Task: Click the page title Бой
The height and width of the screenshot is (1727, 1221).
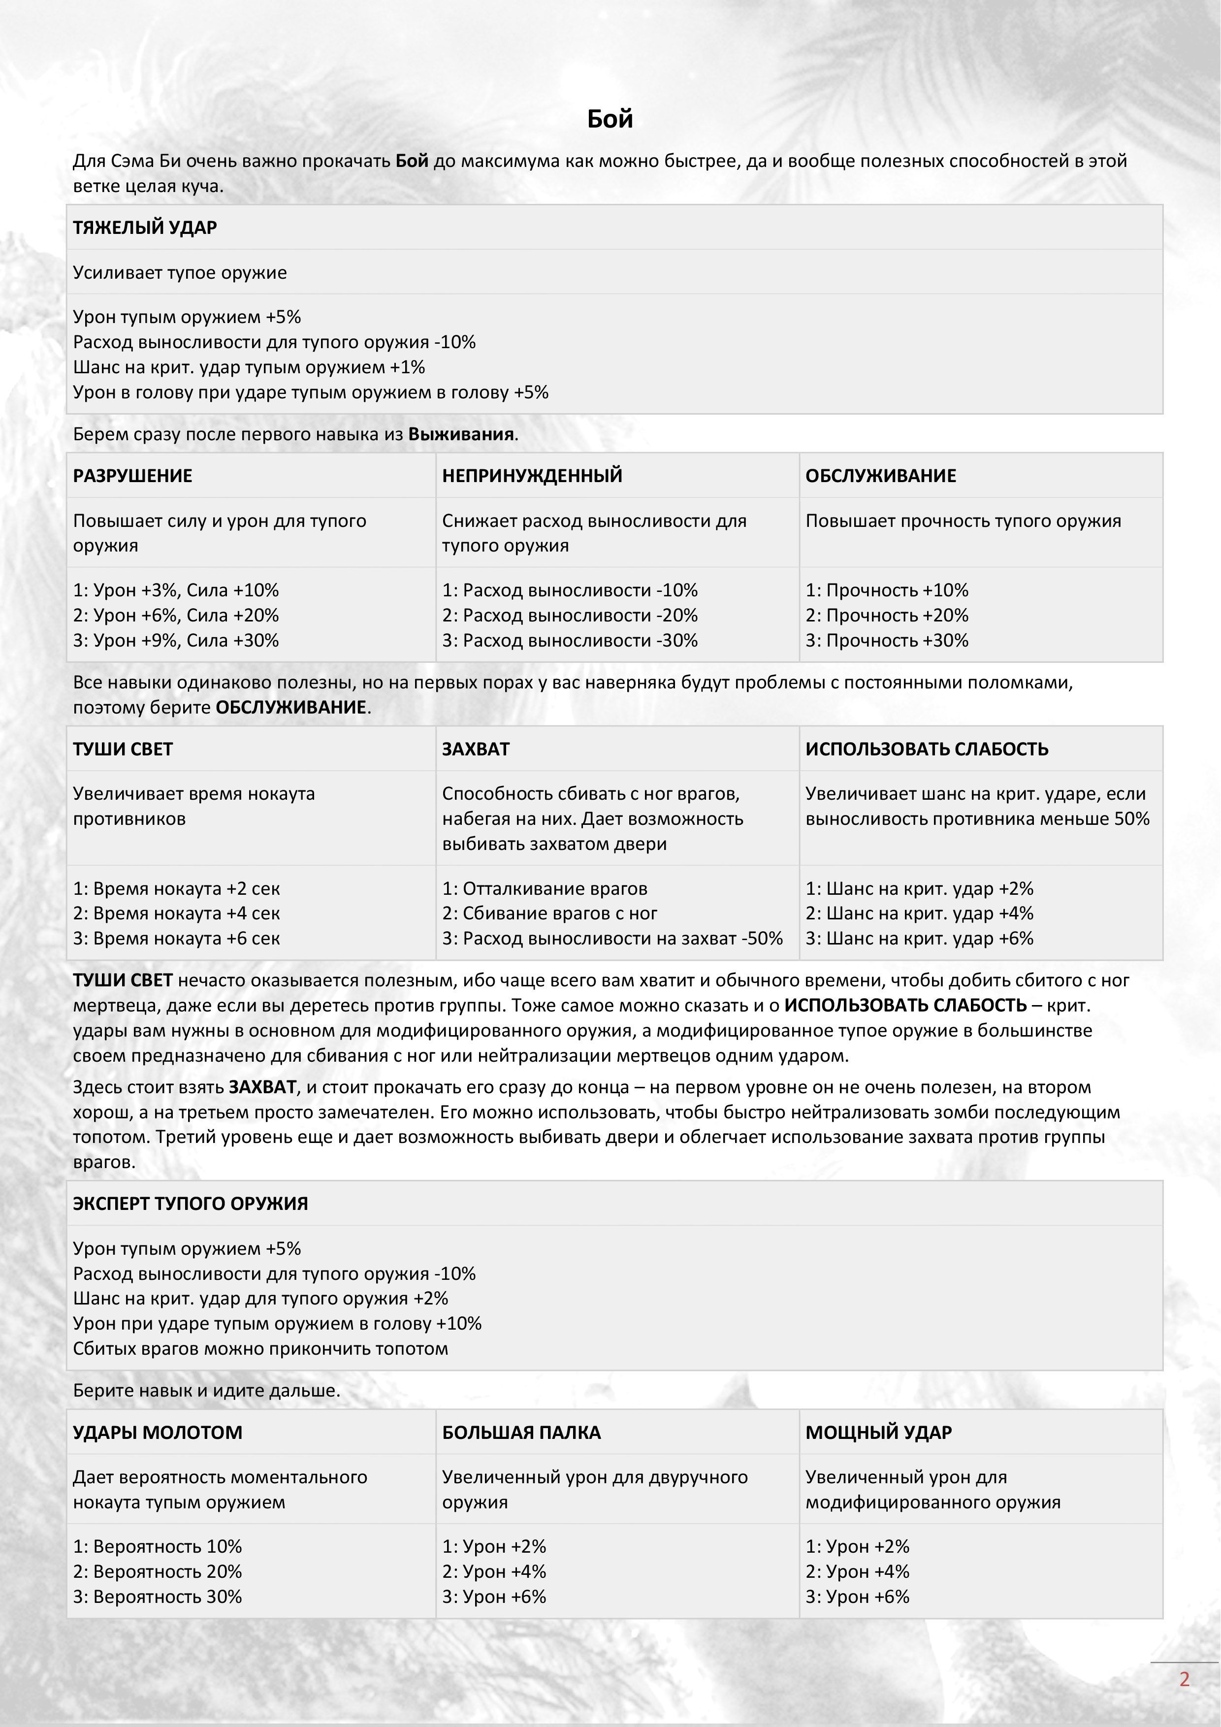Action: click(x=610, y=119)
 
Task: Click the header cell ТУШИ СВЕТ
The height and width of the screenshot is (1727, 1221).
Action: click(x=123, y=749)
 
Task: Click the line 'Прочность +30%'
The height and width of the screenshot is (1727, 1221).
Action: click(x=887, y=640)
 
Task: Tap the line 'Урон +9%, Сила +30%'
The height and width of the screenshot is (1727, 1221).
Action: click(x=176, y=640)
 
